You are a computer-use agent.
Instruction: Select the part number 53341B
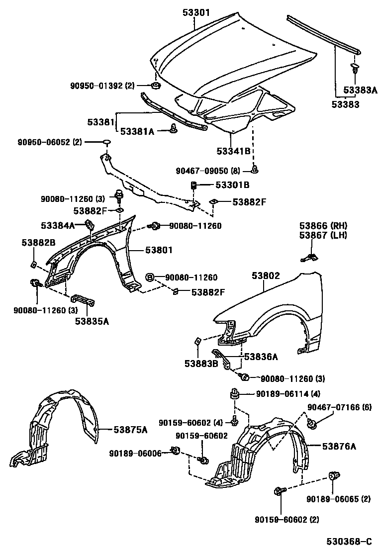(233, 151)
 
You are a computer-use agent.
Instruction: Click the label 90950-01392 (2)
(102, 86)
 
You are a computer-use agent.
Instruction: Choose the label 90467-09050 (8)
(208, 171)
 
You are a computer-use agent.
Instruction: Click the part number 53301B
(232, 185)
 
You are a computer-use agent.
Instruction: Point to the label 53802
(266, 276)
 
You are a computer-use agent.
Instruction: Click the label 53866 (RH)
(323, 225)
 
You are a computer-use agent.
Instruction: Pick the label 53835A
(92, 321)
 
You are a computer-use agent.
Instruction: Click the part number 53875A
(130, 430)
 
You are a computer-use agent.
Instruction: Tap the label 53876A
(339, 446)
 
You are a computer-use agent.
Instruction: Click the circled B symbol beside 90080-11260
(149, 277)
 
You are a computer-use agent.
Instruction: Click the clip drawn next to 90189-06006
(175, 451)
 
